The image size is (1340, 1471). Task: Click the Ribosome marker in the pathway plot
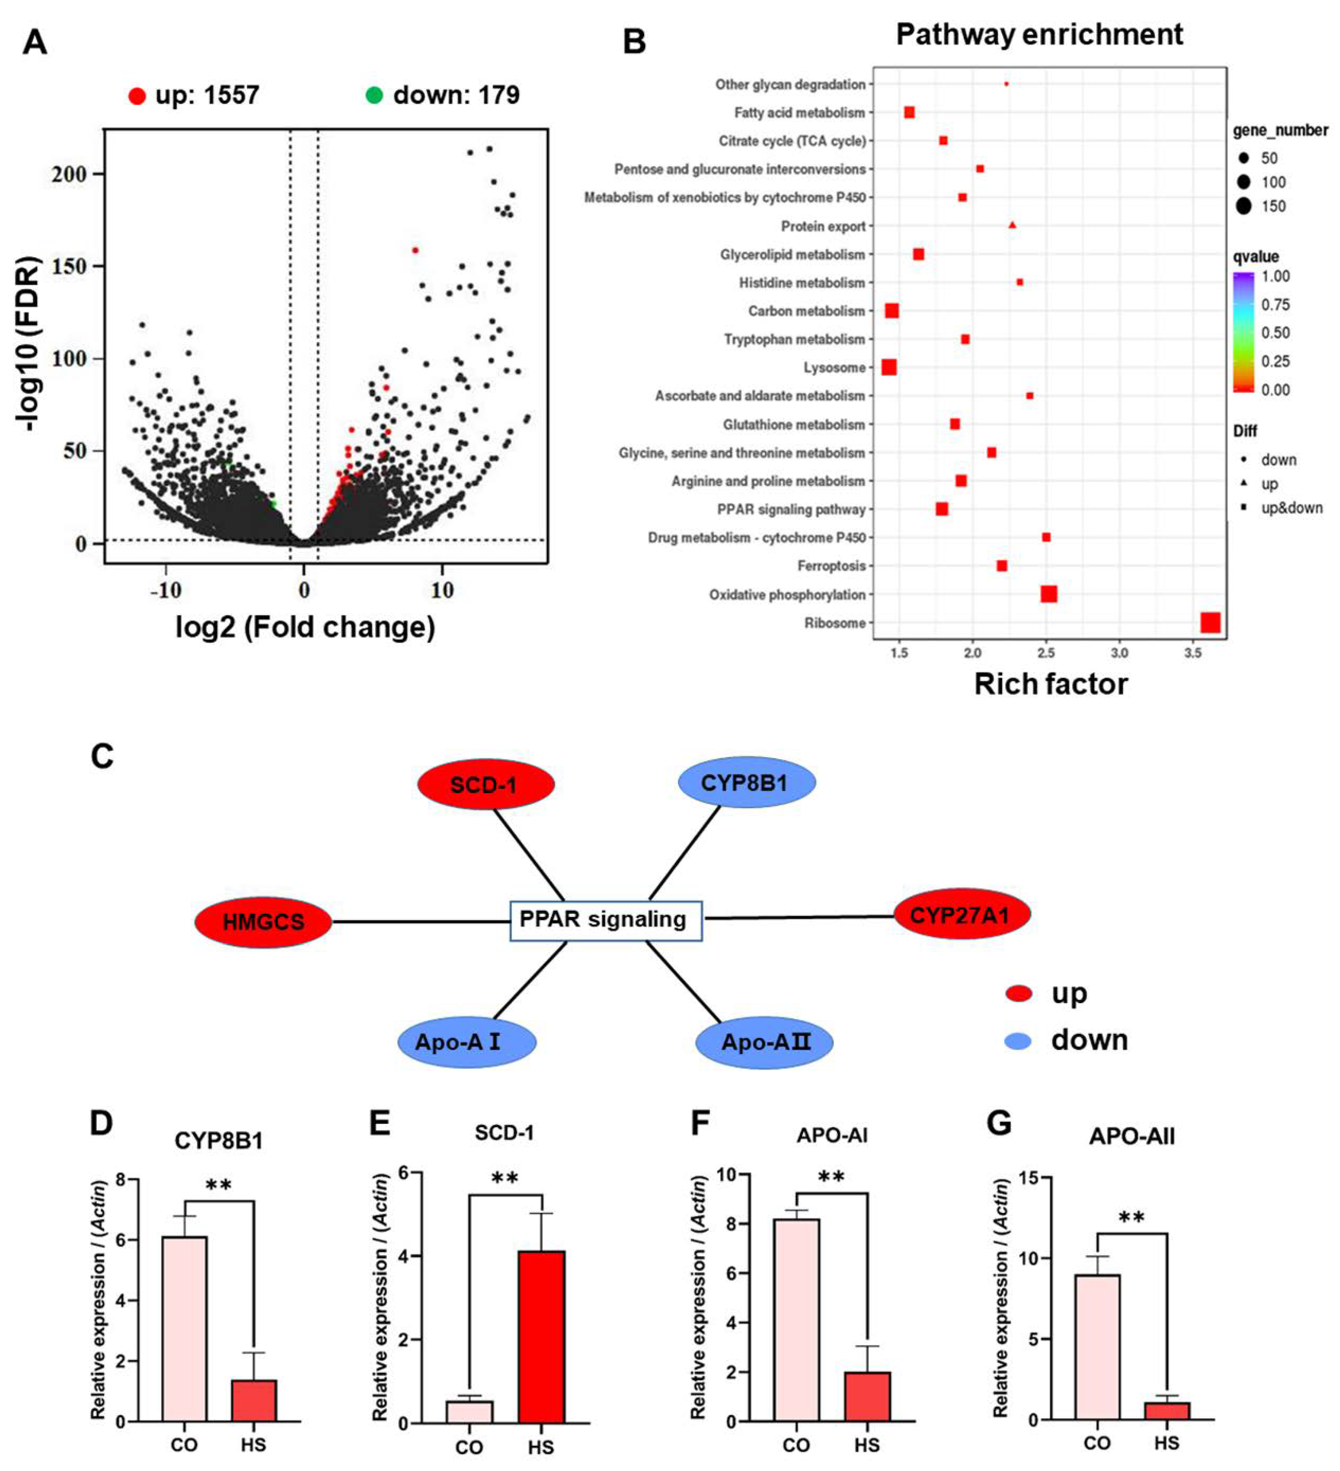[1210, 622]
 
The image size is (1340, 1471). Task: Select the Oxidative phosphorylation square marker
[1048, 594]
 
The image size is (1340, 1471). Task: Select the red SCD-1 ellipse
[485, 784]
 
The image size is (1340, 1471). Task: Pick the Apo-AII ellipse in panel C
[764, 1042]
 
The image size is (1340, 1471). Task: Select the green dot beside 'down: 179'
[374, 95]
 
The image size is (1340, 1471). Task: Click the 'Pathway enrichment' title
[1039, 34]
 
